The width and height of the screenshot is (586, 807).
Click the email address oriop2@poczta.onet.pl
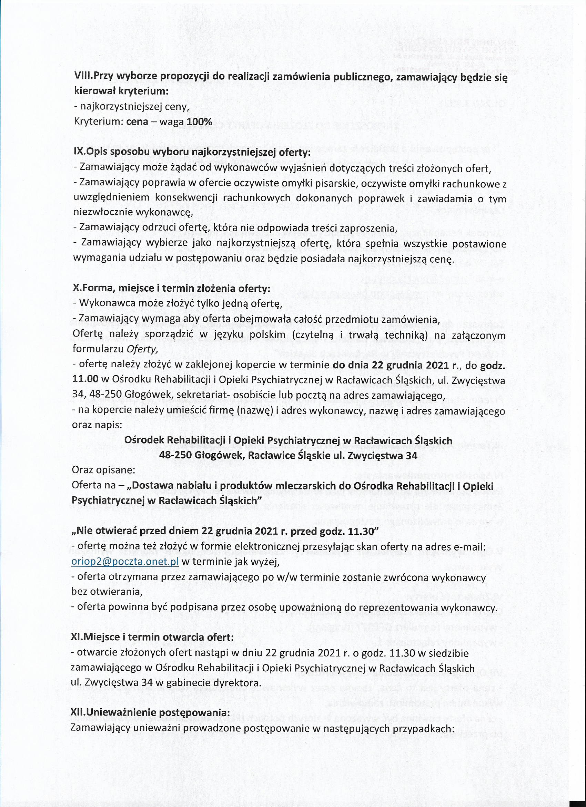pyautogui.click(x=125, y=562)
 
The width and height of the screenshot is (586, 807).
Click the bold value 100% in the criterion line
pyautogui.click(x=199, y=122)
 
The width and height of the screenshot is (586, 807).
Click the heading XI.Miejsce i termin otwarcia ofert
pyautogui.click(x=153, y=638)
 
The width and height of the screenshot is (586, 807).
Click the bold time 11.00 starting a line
pyautogui.click(x=85, y=379)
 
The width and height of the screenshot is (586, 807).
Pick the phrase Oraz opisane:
pyautogui.click(x=103, y=470)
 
